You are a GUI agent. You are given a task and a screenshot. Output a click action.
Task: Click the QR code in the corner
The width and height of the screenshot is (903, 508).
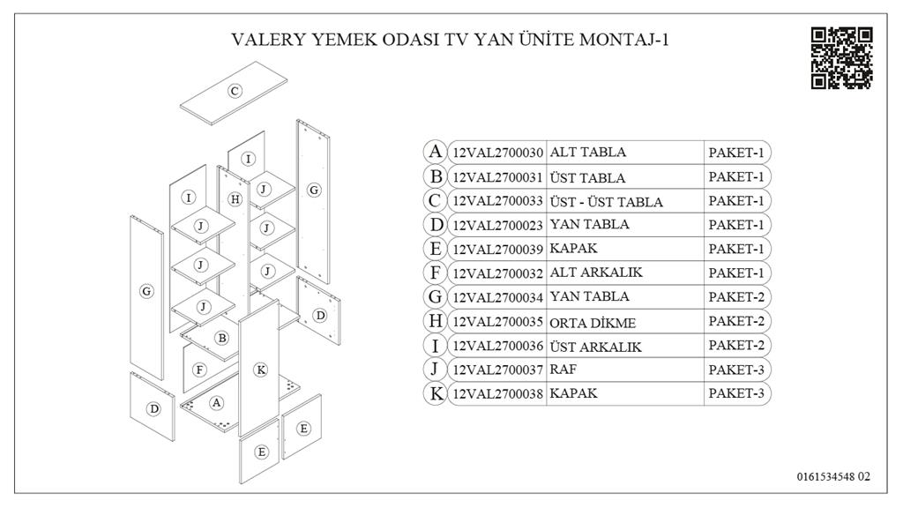coord(841,58)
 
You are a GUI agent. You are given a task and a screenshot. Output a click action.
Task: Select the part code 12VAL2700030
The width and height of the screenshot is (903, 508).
coord(497,153)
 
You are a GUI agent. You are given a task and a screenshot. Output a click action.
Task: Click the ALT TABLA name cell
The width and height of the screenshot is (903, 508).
coord(588,153)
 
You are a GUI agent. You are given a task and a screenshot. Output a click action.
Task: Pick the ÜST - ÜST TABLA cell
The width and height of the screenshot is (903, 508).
coord(606,201)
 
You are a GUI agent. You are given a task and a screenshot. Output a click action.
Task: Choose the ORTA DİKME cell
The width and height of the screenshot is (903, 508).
coord(593,322)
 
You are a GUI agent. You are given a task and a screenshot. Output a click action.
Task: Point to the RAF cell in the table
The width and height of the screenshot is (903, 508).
coord(564,370)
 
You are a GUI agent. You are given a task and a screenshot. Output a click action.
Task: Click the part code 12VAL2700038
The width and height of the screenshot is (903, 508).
coord(497,394)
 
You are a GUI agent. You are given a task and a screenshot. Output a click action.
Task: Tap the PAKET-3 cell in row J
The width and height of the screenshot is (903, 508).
coord(735,370)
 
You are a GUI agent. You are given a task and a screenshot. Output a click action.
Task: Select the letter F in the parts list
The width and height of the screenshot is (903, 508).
coord(435,273)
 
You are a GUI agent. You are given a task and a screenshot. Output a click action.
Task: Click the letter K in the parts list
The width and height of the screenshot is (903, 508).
coord(435,394)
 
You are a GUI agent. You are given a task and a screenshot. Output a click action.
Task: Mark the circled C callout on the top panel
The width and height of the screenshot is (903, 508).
coord(235,91)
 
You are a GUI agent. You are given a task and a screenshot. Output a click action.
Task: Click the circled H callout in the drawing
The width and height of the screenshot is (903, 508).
coord(235,199)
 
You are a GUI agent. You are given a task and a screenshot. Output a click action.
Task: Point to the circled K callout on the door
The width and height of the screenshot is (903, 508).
coord(260,370)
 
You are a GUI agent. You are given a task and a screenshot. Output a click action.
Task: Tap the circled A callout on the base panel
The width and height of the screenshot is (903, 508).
coord(217,402)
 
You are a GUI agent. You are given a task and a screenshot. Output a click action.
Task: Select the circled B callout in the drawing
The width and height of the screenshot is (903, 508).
coord(222,338)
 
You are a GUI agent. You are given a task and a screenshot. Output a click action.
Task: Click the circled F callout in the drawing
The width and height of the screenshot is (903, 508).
coord(200,370)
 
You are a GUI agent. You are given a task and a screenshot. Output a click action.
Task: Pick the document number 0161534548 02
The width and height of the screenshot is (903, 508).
coord(832,477)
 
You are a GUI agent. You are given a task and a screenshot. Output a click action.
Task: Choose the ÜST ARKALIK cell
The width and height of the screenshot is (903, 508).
coord(595,346)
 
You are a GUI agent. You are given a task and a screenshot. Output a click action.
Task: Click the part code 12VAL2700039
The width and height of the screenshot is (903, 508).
coord(497,249)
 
